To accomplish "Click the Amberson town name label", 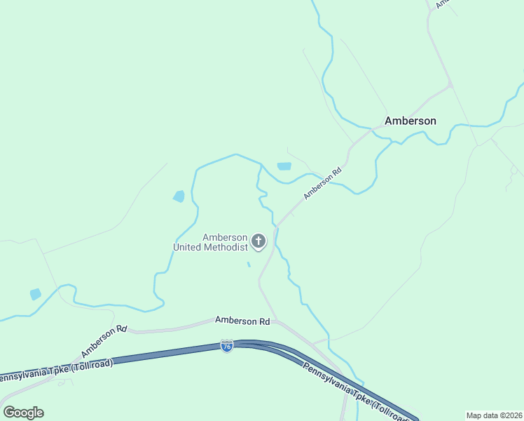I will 411,121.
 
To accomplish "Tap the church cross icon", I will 258,242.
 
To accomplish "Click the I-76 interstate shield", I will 226,346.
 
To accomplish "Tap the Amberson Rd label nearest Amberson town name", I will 322,182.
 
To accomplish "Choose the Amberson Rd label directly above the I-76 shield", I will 242,321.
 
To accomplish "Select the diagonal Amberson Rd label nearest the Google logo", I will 103,340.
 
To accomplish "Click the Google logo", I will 23,413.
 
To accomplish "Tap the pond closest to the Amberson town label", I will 284,166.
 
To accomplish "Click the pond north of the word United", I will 179,196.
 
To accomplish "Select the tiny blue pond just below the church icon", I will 249,265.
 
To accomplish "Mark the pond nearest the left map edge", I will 36,294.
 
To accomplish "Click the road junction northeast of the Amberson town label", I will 450,86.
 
